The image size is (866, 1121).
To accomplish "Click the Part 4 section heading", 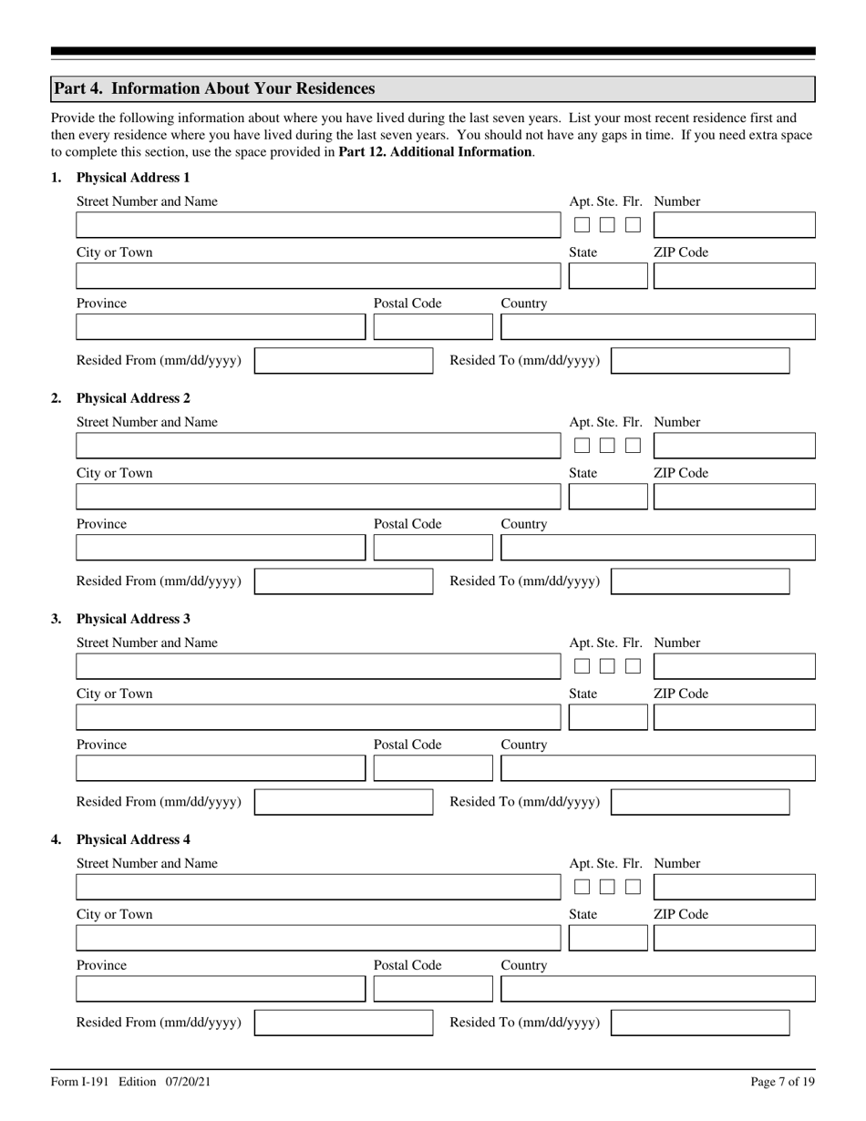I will [214, 88].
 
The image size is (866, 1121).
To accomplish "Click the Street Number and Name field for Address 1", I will [318, 225].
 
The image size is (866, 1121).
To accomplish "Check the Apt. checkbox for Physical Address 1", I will [582, 225].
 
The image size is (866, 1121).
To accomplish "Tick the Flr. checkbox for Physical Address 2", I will [633, 446].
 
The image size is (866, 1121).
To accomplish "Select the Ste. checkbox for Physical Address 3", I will [607, 666].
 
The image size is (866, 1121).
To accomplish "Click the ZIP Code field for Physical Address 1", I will [734, 276].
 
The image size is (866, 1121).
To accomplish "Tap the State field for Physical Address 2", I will [607, 497].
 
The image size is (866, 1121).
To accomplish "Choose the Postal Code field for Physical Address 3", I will [432, 768].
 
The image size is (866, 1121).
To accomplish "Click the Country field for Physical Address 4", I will [657, 989].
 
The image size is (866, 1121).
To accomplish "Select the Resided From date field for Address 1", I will [344, 361].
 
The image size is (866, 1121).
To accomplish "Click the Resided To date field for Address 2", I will [699, 581].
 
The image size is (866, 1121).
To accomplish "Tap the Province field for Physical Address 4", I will [220, 989].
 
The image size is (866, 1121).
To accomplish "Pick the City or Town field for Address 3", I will [318, 717].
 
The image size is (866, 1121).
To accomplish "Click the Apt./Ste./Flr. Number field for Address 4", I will [734, 887].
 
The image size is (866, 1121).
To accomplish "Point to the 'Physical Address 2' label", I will [133, 398].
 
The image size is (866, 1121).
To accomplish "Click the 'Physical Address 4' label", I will [133, 839].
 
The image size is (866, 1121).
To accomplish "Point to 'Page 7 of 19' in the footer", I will [782, 1082].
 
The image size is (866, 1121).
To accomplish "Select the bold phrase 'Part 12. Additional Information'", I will [435, 152].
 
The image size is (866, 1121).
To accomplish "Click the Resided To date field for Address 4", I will [699, 1023].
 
